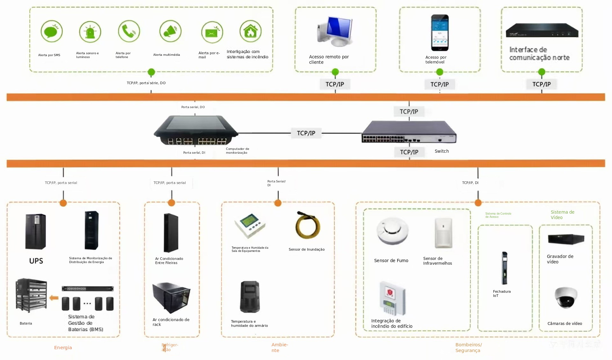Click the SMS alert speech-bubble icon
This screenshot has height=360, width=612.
pos(51,31)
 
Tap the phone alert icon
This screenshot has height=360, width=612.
pos(129,31)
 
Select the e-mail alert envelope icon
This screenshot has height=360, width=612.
pos(212,32)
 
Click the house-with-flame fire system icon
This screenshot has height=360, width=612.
pos(251,31)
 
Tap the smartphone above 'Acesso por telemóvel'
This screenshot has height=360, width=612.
pos(440,33)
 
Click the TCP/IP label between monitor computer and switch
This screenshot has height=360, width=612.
pos(306,133)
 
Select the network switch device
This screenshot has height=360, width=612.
pos(409,132)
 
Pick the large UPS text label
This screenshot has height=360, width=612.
pos(36,261)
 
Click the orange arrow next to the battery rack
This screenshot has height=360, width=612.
pos(54,298)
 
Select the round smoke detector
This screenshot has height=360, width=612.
pos(392,231)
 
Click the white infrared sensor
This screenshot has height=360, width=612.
pos(443,233)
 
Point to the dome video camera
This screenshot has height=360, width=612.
pos(566,297)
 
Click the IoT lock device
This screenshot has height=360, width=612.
pos(504,268)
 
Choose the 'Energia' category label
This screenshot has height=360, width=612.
pos(63,348)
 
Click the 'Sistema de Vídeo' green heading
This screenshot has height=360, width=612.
pos(562,215)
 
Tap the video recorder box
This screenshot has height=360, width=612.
pos(566,239)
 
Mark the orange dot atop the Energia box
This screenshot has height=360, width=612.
pos(63,203)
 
